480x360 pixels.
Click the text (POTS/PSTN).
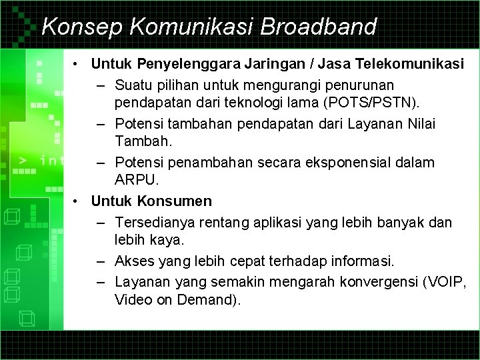coord(379,104)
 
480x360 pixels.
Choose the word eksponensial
coord(364,162)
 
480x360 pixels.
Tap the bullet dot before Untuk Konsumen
coord(78,201)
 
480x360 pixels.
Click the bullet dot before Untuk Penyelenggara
coord(78,64)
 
